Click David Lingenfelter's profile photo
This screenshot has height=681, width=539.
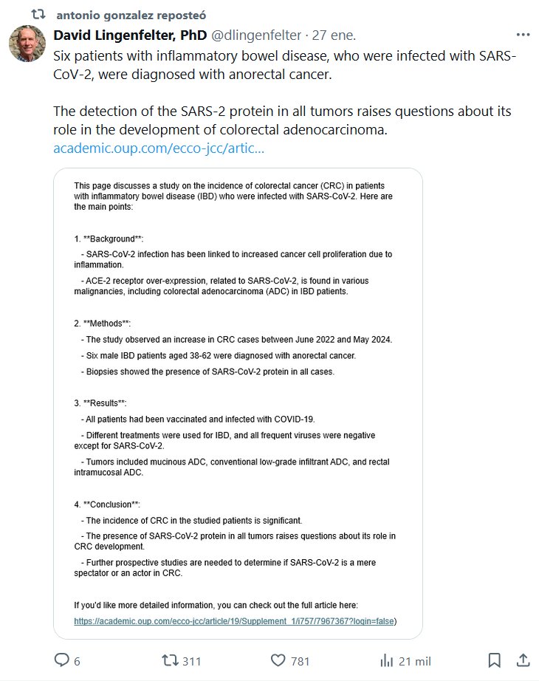click(27, 44)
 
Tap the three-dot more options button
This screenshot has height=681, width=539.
click(523, 35)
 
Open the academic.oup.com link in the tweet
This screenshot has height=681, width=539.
click(159, 148)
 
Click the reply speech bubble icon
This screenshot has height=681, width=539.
click(62, 660)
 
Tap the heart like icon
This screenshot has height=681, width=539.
click(278, 660)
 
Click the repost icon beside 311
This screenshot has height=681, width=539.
click(169, 660)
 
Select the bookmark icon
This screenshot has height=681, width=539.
click(495, 660)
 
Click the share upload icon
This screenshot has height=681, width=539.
click(522, 660)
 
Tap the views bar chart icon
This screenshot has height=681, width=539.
click(385, 660)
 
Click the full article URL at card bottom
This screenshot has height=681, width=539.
click(234, 621)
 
